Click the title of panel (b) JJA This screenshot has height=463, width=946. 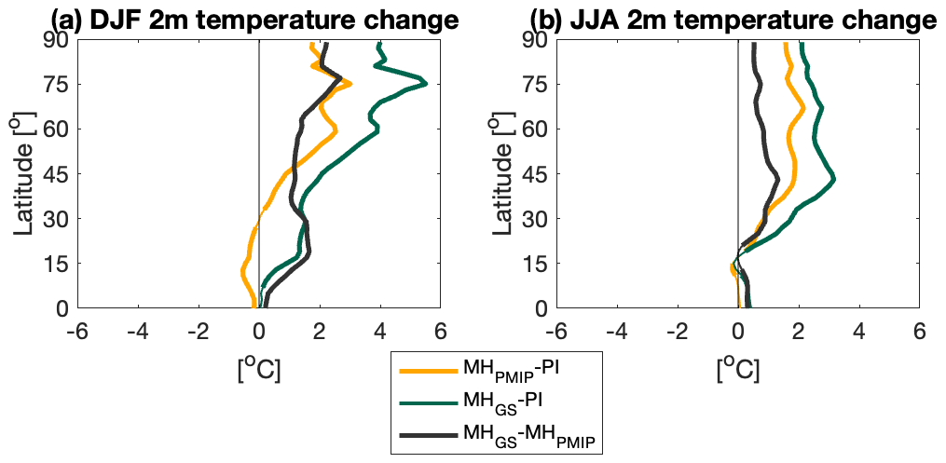click(x=732, y=19)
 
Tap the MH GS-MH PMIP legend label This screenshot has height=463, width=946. click(x=533, y=436)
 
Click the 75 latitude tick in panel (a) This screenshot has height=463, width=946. click(x=61, y=84)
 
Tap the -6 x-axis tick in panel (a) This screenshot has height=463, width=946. click(x=76, y=332)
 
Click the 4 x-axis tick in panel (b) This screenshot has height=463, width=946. click(x=858, y=332)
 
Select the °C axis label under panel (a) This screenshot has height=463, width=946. click(x=258, y=369)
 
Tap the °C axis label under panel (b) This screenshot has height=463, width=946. click(x=738, y=369)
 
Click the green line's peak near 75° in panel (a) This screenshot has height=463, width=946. click(x=425, y=84)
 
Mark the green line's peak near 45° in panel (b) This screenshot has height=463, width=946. click(x=833, y=179)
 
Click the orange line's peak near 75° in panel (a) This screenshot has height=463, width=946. click(x=350, y=84)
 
